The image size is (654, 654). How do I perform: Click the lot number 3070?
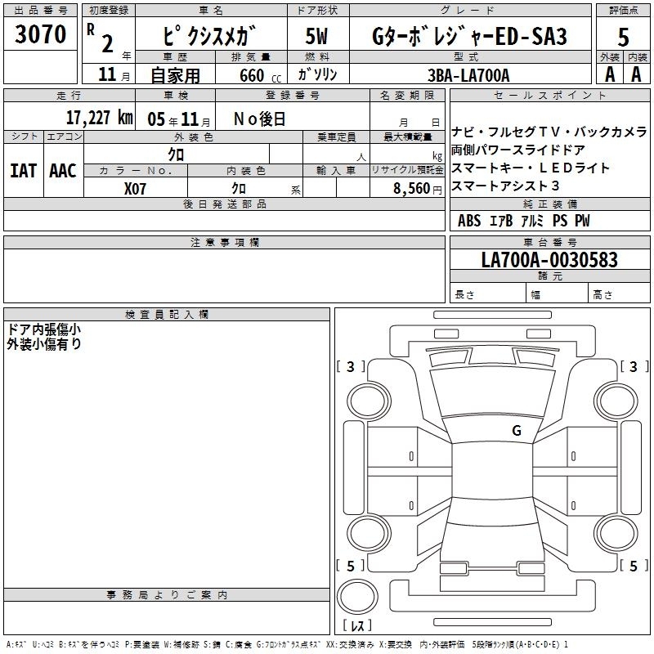tap(40, 34)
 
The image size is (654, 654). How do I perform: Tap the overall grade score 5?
tap(623, 37)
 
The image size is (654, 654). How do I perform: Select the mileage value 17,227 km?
tap(99, 118)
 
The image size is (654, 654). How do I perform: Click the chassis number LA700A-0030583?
tap(549, 260)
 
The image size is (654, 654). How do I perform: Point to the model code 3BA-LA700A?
tap(468, 75)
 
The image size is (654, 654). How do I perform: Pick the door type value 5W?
tap(316, 36)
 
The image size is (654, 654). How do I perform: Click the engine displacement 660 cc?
tap(260, 76)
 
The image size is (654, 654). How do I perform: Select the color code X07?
tap(135, 189)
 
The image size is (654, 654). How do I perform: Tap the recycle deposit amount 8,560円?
tap(418, 189)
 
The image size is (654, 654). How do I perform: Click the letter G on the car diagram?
tap(517, 431)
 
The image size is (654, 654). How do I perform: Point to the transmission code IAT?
tap(24, 171)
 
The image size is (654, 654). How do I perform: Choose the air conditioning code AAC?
tap(63, 171)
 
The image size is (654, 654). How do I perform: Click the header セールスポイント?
tap(549, 96)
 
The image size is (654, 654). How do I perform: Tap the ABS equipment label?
tap(469, 221)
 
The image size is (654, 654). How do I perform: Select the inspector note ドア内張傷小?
tap(44, 329)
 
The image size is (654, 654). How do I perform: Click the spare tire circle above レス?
tap(357, 597)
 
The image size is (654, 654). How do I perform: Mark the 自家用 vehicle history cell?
tap(175, 75)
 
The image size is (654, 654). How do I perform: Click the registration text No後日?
tap(259, 119)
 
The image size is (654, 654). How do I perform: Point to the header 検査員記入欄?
tap(167, 315)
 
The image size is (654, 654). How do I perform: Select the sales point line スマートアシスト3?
tap(505, 186)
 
